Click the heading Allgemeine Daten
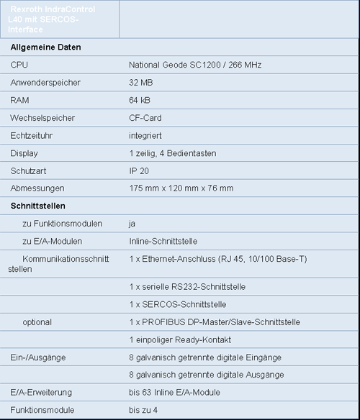click(45, 47)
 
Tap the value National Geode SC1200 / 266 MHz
click(195, 65)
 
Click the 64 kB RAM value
click(140, 100)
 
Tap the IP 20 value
click(139, 170)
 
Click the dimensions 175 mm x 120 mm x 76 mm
click(181, 188)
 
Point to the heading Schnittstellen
click(39, 206)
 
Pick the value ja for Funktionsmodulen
click(132, 224)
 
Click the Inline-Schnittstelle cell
click(163, 241)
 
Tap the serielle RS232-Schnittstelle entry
click(187, 286)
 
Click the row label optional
click(37, 321)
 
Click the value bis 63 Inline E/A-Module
click(175, 392)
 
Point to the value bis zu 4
click(144, 410)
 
